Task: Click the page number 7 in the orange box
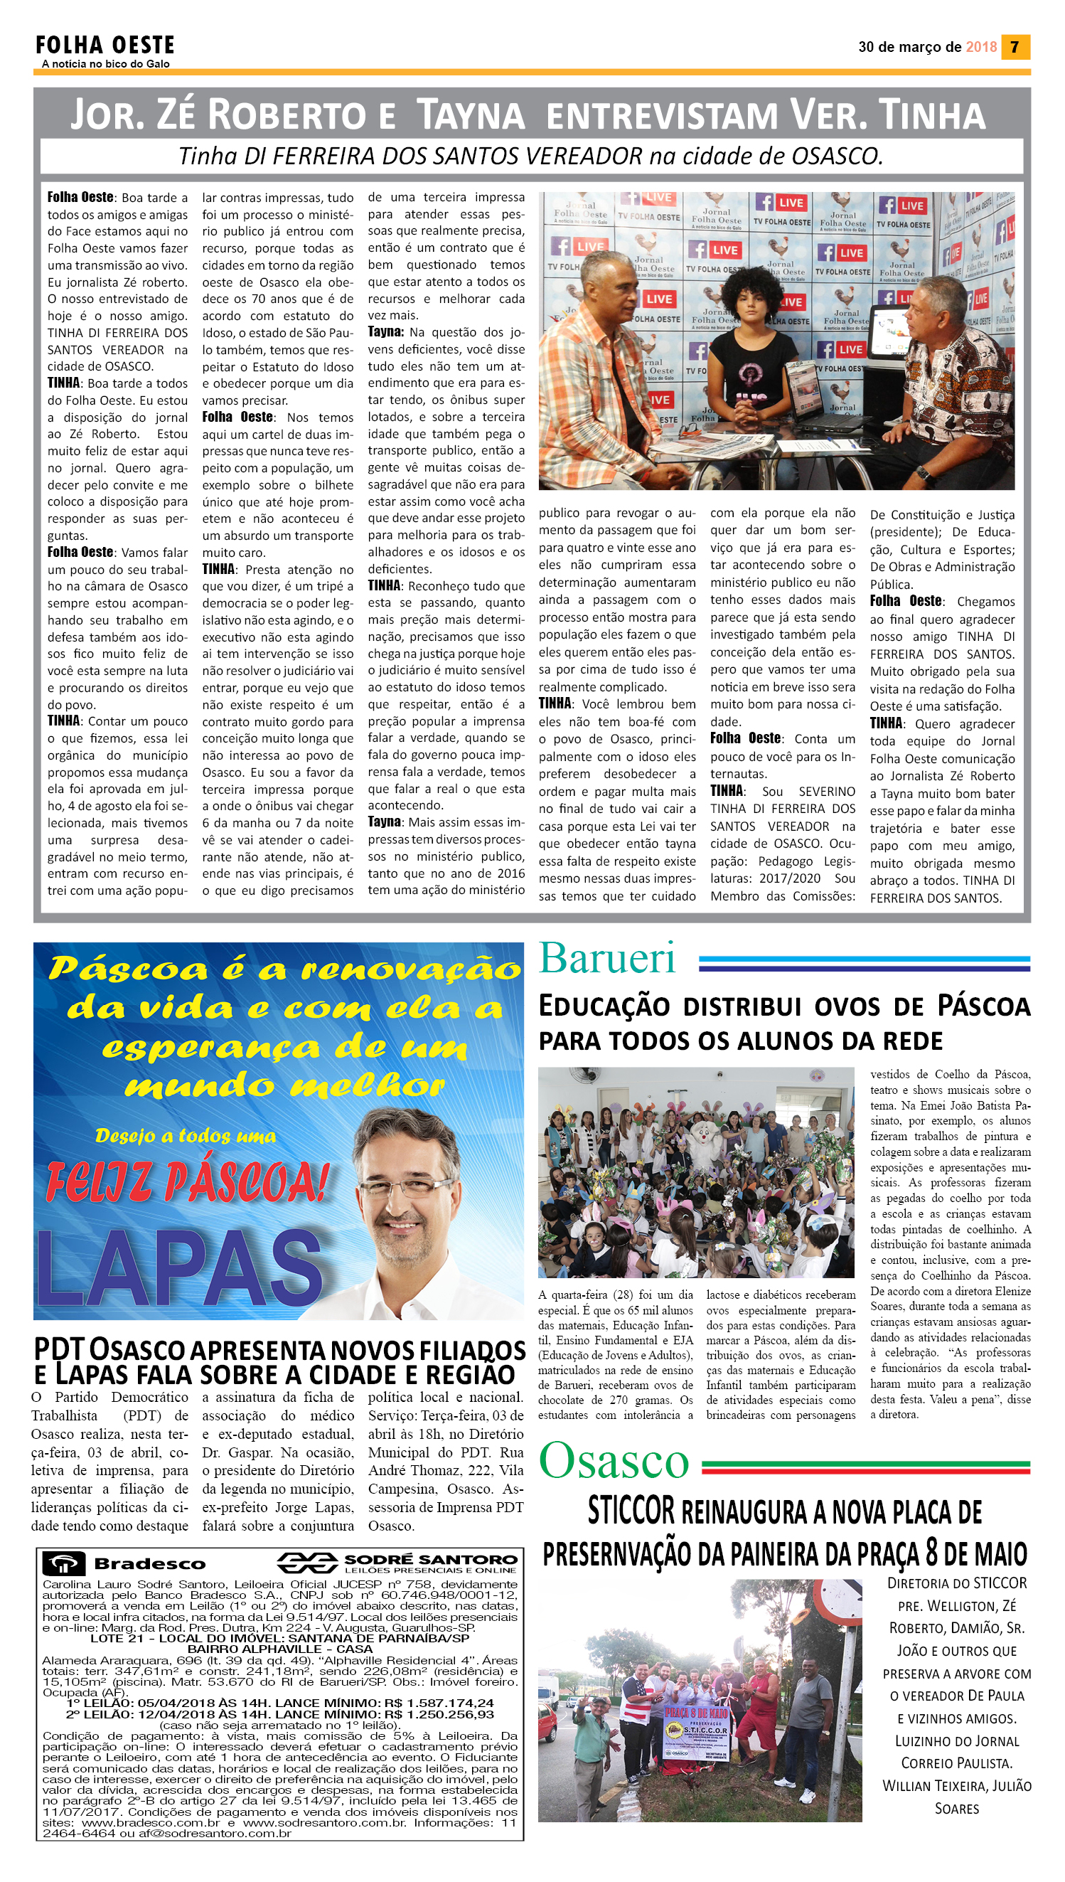pos(1015,47)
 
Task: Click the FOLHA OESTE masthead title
pos(105,46)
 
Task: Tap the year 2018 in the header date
pos(981,47)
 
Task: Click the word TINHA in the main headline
pos(932,115)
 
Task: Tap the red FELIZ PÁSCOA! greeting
pos(186,1180)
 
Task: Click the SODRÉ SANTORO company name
pos(430,1559)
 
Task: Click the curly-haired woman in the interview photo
pos(749,344)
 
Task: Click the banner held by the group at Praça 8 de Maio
pos(695,1731)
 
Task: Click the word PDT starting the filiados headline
pos(59,1349)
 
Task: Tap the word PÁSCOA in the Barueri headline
pos(984,1006)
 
